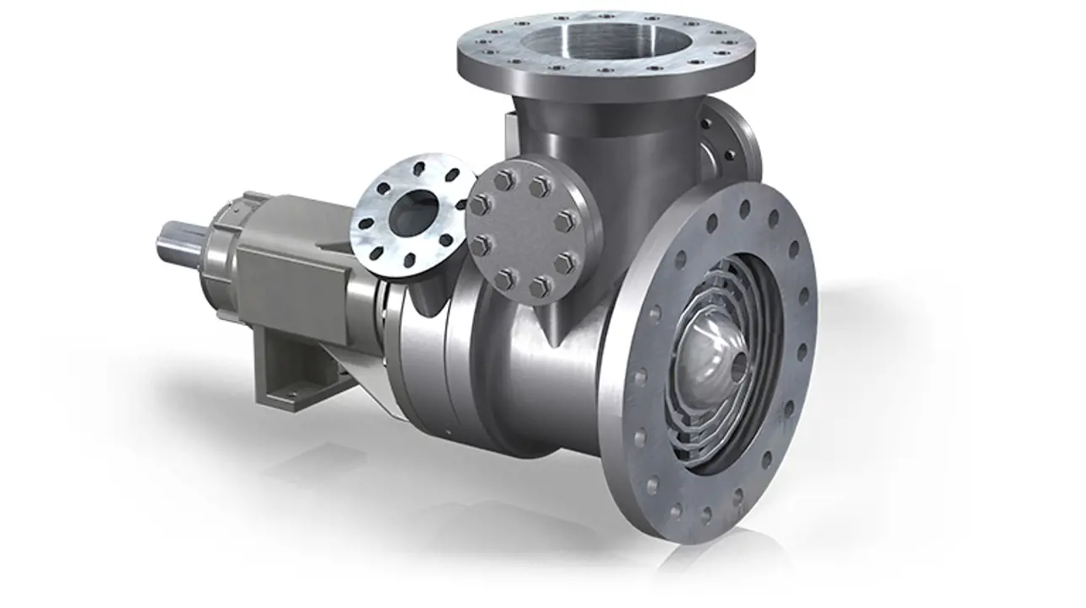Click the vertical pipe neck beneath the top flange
click(x=589, y=135)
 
